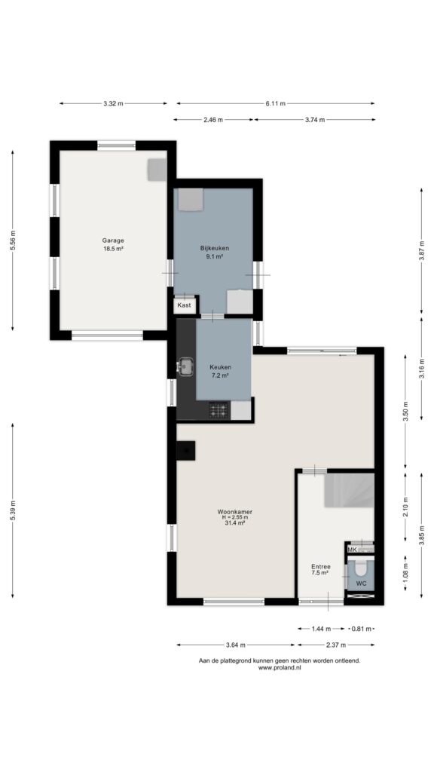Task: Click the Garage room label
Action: pos(113,240)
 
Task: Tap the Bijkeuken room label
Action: pos(215,248)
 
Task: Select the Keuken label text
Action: pos(221,367)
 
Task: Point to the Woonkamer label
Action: pos(234,512)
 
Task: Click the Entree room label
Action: pos(320,567)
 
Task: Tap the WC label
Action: pos(361,584)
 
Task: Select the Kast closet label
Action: pos(184,305)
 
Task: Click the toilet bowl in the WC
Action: pos(361,568)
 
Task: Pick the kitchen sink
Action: pos(185,366)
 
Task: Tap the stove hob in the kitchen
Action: pos(219,410)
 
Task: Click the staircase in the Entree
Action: pos(350,490)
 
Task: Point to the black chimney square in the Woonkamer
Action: pos(186,450)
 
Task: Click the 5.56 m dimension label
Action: pos(14,240)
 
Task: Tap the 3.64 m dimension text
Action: pos(236,645)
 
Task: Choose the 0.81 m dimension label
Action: pos(362,629)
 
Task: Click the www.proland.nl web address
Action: pos(280,668)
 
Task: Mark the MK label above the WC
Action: pos(352,550)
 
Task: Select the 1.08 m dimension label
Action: pos(405,574)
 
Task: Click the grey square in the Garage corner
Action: pos(157,170)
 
